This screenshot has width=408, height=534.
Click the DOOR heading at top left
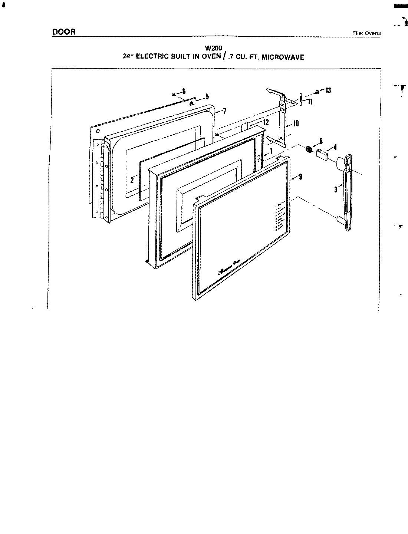[x=64, y=32]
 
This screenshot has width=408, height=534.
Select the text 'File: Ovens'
[x=366, y=33]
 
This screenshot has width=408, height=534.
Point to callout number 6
[x=184, y=91]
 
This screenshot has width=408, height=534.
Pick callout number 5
[x=207, y=97]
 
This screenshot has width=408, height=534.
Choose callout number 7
[x=224, y=111]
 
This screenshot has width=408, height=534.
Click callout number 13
[x=328, y=90]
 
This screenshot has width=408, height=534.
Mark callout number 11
[x=310, y=102]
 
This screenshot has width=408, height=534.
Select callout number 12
[x=266, y=122]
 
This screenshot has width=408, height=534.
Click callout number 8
[x=321, y=141]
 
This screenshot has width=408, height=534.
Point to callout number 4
[x=335, y=147]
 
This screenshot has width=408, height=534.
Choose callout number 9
[x=300, y=177]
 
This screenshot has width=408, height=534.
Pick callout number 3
[x=335, y=189]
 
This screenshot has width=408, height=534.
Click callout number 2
[x=132, y=181]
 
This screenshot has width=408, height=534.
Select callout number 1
[x=271, y=151]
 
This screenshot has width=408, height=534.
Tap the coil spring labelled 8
[x=308, y=149]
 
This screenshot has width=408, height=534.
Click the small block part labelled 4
[x=321, y=154]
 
